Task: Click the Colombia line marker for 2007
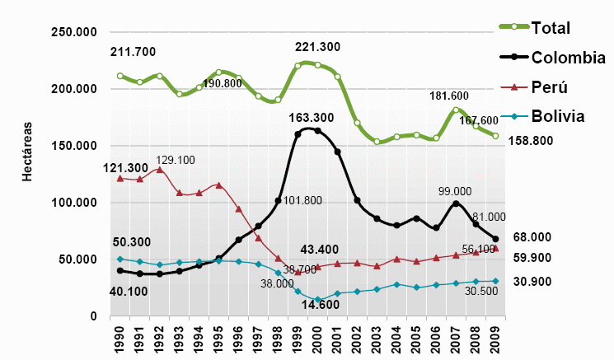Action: pos(456,203)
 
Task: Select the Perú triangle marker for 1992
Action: pos(159,170)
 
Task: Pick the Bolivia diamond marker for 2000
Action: pos(317,300)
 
